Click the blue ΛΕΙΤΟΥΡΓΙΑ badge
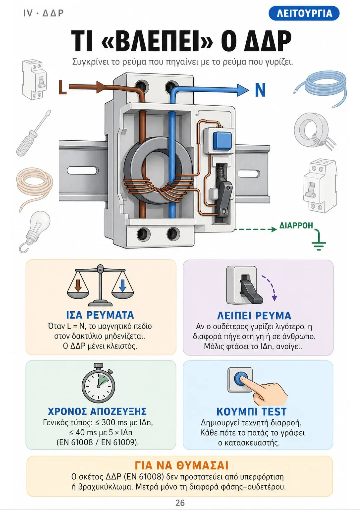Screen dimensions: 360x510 [304, 13]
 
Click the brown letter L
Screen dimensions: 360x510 [63, 87]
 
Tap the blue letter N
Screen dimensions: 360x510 [260, 90]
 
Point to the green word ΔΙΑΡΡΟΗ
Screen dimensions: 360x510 [296, 225]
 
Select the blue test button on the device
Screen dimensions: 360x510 [222, 141]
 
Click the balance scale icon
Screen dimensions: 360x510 [100, 285]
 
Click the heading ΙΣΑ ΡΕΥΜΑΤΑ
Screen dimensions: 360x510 [100, 315]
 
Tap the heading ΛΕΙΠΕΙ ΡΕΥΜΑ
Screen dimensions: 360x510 [254, 316]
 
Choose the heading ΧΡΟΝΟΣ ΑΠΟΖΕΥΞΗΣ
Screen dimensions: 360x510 [97, 411]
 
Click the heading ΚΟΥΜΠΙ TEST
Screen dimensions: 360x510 [251, 412]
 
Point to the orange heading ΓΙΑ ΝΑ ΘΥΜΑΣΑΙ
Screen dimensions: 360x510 [181, 465]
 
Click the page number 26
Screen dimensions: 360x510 [180, 503]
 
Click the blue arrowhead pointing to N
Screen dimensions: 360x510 [243, 90]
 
